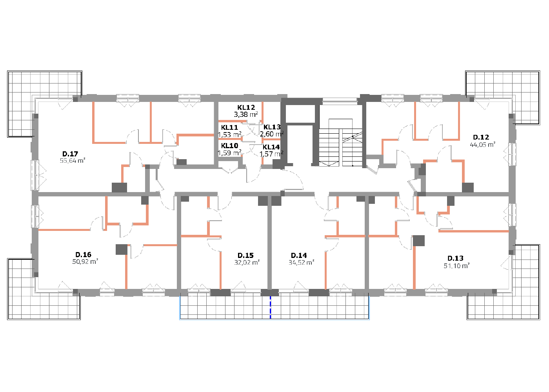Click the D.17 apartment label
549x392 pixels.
[x=70, y=154]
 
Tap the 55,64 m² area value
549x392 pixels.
[x=73, y=161]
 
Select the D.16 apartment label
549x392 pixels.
[x=83, y=254]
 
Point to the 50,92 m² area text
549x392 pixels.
[x=85, y=261]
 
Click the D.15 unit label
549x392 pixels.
[x=245, y=255]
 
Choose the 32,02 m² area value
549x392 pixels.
[x=247, y=262]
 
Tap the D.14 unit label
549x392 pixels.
[x=299, y=255]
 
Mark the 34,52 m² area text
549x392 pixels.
[x=302, y=262]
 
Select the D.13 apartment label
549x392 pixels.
[x=456, y=258]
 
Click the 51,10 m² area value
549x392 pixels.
[x=456, y=266]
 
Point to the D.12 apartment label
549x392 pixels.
[x=481, y=137]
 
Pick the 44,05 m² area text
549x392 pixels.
[x=482, y=144]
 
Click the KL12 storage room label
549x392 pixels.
[x=246, y=107]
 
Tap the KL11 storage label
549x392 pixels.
[x=229, y=127]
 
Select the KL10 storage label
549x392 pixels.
[x=230, y=146]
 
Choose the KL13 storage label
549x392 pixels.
[x=272, y=127]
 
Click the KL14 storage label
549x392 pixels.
[x=271, y=147]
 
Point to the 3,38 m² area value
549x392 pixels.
[x=246, y=114]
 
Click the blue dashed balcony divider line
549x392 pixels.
[x=270, y=307]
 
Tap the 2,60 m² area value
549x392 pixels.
[x=272, y=134]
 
